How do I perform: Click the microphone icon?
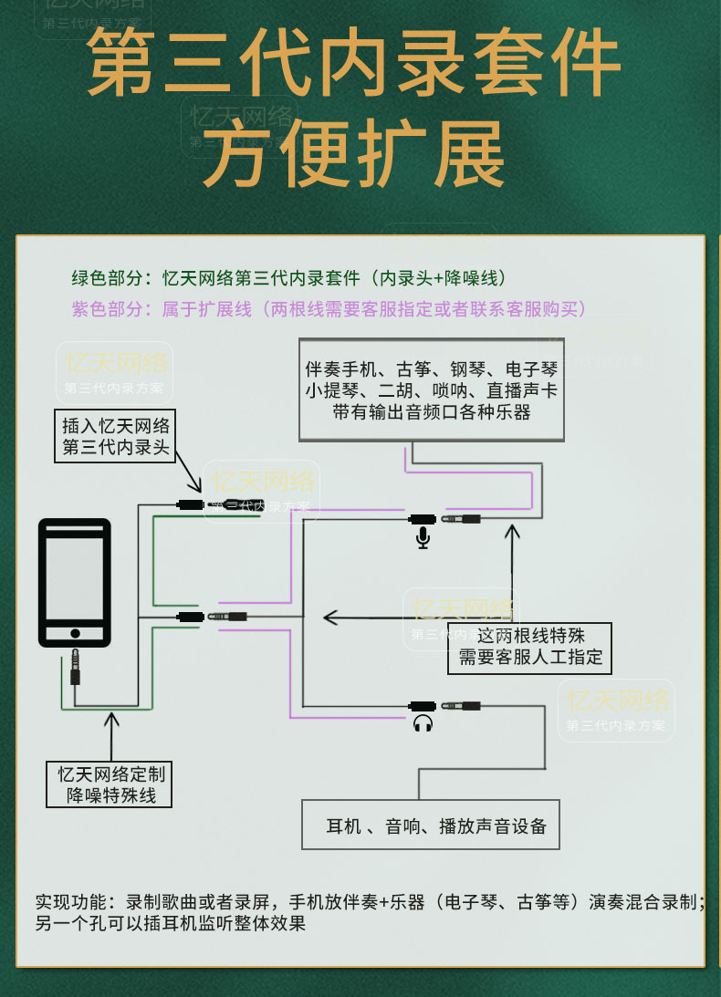point(423,538)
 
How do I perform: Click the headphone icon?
point(423,724)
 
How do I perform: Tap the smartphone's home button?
point(75,633)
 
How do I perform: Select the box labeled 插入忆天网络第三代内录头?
point(116,437)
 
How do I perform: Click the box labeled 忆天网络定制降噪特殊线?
point(111,784)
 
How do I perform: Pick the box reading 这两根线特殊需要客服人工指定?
point(529,647)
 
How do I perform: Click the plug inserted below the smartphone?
point(75,666)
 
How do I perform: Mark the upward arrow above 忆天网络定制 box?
point(111,730)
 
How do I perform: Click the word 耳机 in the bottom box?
point(341,826)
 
